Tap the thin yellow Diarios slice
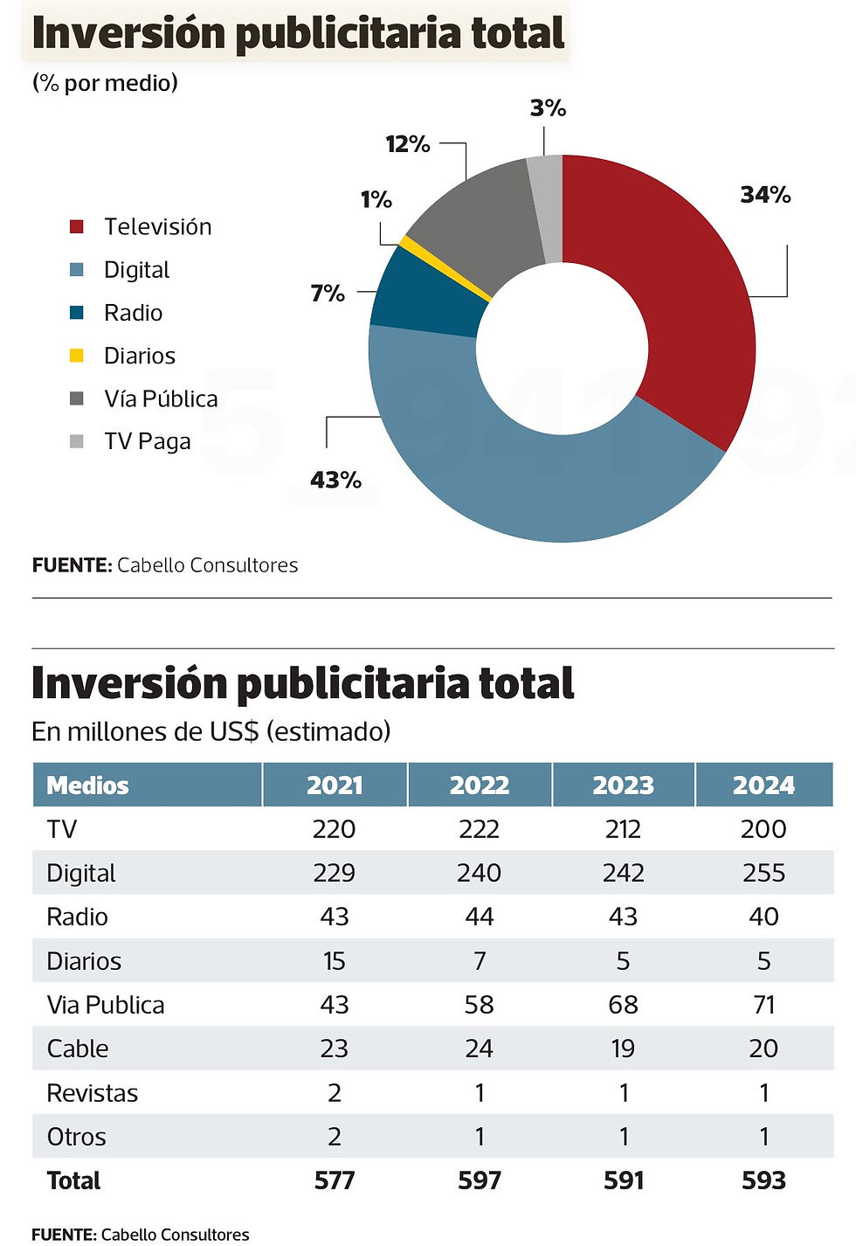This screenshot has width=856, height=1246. [x=445, y=269]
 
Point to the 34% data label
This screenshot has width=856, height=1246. [x=765, y=195]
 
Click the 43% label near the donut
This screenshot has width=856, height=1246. [x=335, y=480]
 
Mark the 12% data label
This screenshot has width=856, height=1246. [x=408, y=144]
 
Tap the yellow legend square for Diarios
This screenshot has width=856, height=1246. [x=77, y=356]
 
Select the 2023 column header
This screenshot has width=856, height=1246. [x=623, y=786]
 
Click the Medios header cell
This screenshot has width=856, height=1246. [x=87, y=786]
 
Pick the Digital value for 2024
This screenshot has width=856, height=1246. [x=763, y=873]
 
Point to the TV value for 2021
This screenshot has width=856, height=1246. [x=334, y=829]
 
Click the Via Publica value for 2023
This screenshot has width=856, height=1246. [x=623, y=1005]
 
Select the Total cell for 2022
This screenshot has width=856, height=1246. [x=480, y=1180]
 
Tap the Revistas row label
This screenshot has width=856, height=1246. [x=92, y=1093]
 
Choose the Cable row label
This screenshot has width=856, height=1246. [x=78, y=1049]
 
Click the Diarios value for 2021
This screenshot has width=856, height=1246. [x=334, y=961]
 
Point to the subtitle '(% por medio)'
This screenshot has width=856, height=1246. [x=105, y=83]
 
